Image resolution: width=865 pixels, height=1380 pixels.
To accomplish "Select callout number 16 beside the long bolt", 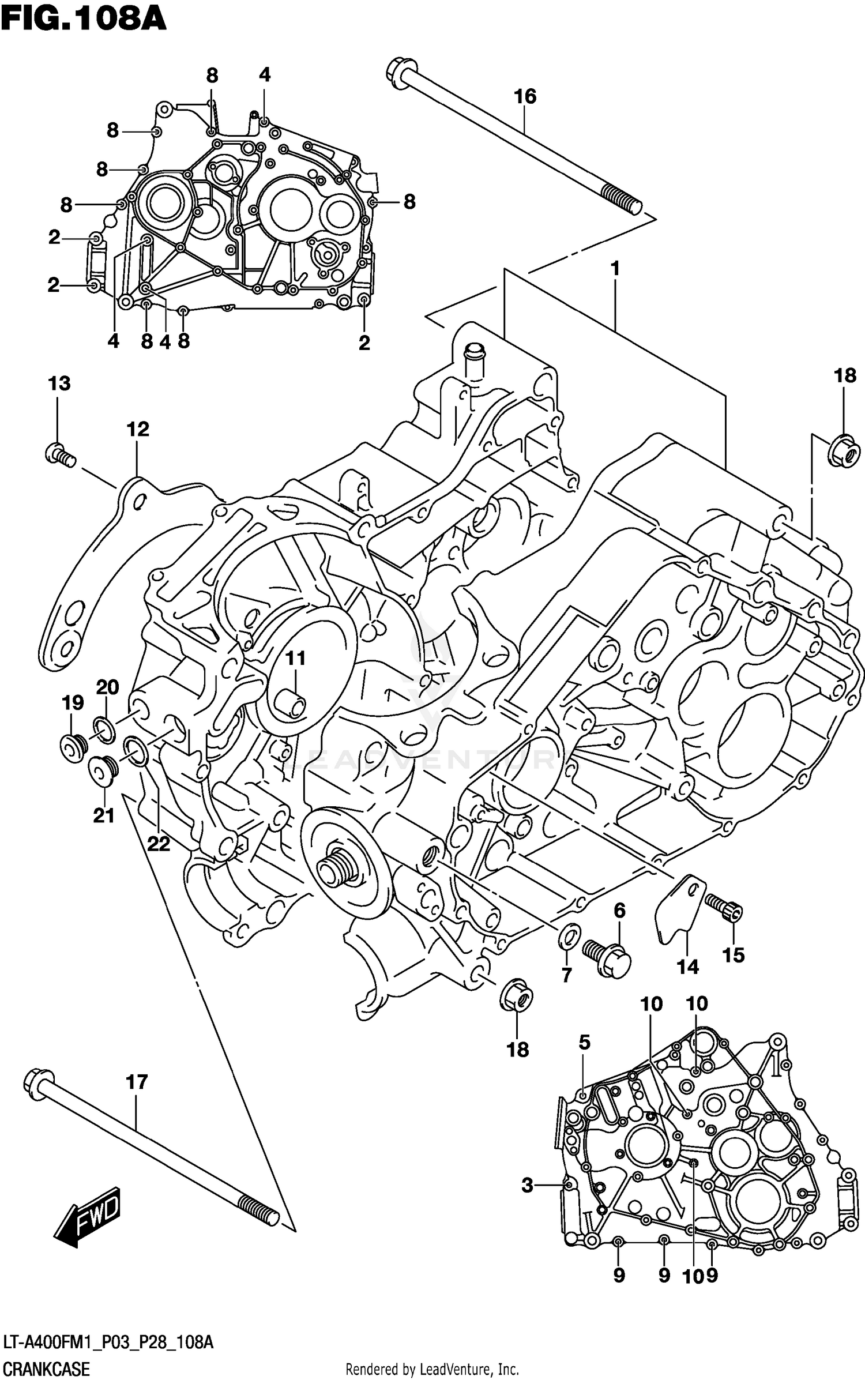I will coord(525,96).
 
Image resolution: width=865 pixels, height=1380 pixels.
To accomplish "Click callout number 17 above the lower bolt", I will coord(137,1082).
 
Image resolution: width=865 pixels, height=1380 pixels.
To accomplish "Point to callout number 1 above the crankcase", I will coord(615,268).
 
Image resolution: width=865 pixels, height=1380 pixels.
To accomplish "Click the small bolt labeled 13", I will coord(59,455).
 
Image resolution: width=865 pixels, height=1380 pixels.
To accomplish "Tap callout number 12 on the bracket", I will coord(138,429).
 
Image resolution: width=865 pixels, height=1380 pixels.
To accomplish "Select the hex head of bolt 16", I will coord(398,73).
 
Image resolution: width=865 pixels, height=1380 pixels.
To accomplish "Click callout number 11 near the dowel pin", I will coord(296,658).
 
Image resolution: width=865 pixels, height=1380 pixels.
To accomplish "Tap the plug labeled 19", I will coord(73,748).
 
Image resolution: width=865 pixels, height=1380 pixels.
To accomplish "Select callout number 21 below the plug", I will coord(104,815).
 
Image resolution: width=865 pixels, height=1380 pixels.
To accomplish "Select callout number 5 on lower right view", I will coord(584,1042).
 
